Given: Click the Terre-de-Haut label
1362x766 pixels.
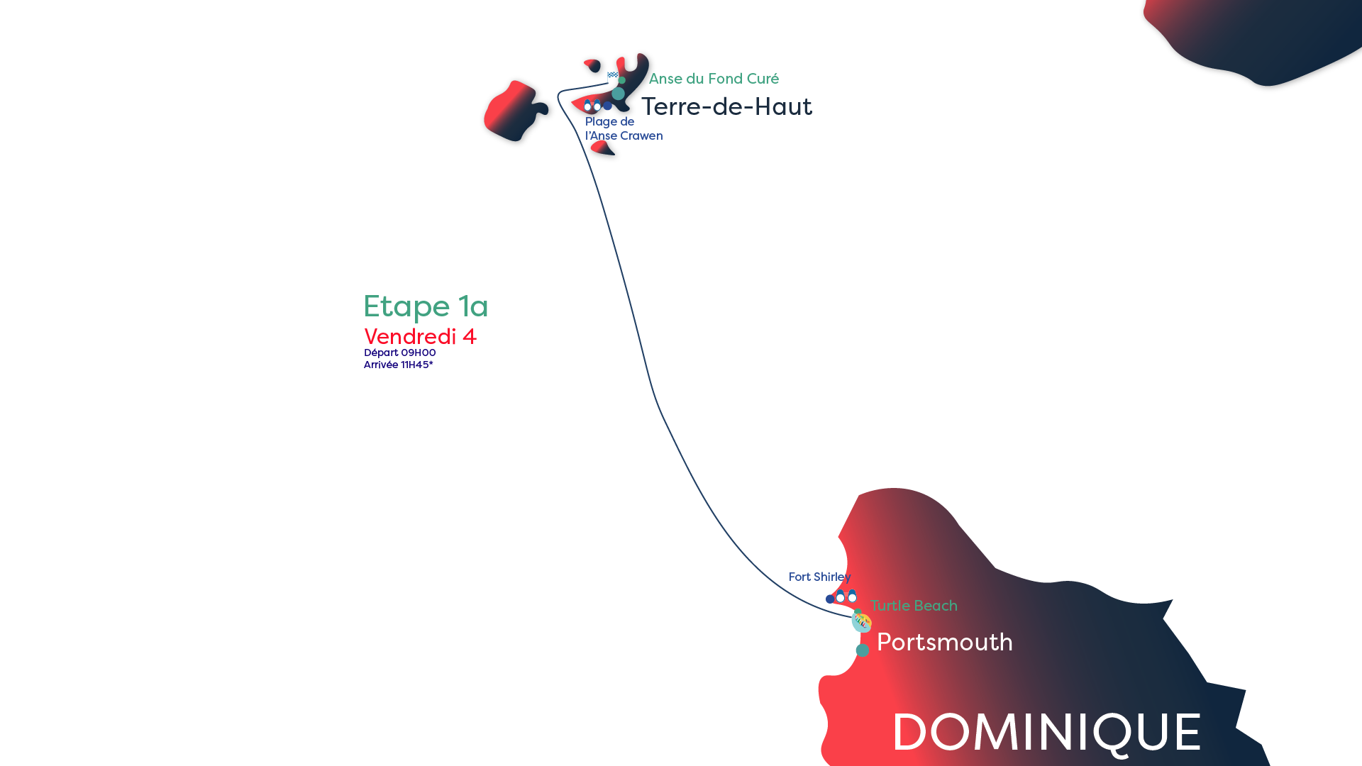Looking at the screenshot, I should [726, 106].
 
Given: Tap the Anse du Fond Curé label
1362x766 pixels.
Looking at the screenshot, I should [714, 79].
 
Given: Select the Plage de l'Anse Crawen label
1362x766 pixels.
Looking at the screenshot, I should [624, 129].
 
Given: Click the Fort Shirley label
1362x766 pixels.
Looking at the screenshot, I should [819, 577].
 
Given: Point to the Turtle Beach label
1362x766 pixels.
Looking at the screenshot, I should [914, 606].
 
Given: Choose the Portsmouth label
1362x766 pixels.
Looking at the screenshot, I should [945, 642].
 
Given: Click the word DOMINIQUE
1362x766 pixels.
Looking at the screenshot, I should [1046, 733].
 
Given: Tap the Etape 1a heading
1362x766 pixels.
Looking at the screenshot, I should [426, 306].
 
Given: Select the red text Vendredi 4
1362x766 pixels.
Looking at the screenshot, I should [420, 336].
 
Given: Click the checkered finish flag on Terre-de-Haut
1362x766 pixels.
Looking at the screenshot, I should [613, 74].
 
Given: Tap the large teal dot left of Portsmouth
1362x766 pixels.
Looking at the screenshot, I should [862, 650].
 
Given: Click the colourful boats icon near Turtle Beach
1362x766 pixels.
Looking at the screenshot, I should [862, 622].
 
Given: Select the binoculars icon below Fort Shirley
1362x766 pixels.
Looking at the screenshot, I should [846, 596].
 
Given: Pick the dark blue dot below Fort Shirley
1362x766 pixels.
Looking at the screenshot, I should [830, 599].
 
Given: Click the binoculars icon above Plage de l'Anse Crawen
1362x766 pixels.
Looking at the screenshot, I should [592, 106].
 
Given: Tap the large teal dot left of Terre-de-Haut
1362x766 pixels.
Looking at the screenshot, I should [619, 94].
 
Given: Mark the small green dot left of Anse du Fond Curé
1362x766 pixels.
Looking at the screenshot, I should [622, 80].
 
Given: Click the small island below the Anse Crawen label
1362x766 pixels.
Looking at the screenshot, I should [604, 149].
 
